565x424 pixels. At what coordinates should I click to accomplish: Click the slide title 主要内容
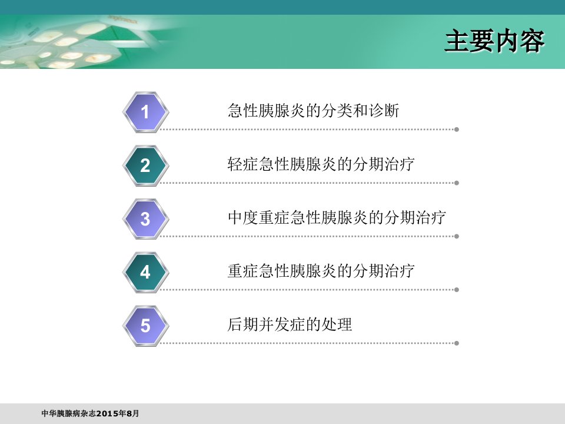(494, 41)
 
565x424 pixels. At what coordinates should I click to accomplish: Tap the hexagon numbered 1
(145, 112)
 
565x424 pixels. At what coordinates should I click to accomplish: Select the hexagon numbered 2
(145, 165)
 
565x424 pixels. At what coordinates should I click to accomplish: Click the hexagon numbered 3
(145, 219)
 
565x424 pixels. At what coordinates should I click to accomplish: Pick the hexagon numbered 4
(145, 272)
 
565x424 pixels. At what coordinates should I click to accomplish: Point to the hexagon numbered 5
(145, 326)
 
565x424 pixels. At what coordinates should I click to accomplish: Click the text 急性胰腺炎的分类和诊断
(314, 110)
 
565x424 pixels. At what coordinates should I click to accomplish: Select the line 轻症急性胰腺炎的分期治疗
(321, 164)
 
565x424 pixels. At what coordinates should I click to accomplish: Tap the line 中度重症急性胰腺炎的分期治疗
(337, 217)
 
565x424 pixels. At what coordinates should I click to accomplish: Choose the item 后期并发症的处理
(290, 324)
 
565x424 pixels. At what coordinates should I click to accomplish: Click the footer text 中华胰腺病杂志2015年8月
(90, 413)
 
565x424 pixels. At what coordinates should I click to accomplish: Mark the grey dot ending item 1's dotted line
(457, 130)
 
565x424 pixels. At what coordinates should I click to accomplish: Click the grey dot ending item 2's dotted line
(457, 183)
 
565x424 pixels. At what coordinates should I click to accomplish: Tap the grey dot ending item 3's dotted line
(457, 236)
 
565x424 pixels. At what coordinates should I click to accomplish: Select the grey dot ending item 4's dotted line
(457, 290)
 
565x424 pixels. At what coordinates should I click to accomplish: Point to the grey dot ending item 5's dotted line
(457, 343)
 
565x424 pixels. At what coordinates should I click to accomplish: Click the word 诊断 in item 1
(384, 110)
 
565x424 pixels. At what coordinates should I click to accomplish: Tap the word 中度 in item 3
(243, 217)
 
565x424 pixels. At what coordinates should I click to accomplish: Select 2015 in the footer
(107, 413)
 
